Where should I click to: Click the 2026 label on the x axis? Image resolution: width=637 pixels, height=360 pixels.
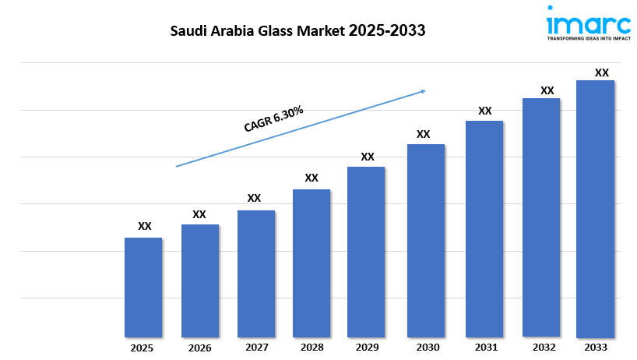[200, 347]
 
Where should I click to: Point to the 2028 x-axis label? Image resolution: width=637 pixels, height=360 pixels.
[311, 347]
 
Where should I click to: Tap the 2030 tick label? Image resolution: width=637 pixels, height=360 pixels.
[425, 347]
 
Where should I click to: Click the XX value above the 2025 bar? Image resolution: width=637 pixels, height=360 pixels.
[145, 226]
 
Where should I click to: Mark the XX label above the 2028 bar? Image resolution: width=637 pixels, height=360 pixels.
[311, 178]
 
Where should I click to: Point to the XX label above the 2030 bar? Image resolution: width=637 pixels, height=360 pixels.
[423, 134]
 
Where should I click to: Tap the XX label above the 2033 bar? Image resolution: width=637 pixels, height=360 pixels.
[601, 72]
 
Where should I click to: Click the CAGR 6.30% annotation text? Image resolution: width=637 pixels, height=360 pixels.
[273, 119]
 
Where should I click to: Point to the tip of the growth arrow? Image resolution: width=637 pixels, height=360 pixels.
[425, 90]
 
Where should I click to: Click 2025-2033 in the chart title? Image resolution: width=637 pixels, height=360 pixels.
[383, 32]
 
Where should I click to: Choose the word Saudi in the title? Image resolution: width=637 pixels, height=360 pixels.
[189, 32]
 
